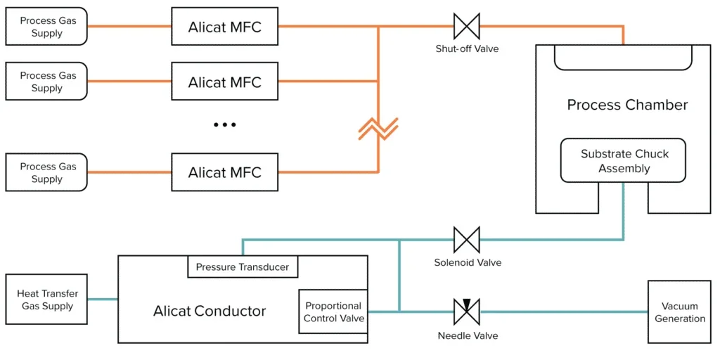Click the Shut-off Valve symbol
466,26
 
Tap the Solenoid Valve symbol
467,240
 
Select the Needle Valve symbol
466,311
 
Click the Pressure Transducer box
243,267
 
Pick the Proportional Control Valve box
333,311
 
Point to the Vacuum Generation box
679,312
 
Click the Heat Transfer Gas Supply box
47,300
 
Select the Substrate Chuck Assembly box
624,161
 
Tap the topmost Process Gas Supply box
47,27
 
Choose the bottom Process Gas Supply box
47,173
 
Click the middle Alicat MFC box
224,82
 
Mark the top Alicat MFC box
224,27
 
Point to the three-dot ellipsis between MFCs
224,124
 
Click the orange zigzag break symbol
378,129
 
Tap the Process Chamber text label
627,105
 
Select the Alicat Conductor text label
210,311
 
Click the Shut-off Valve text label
467,49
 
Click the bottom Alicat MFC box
224,172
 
